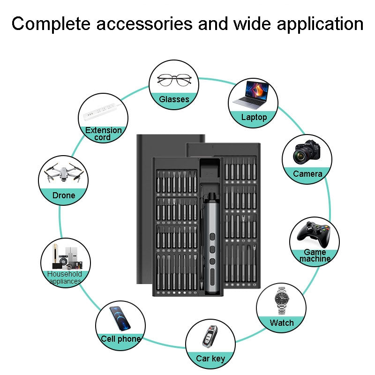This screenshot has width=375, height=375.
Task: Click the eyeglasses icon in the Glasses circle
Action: click(173, 80)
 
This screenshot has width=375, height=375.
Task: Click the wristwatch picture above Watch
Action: click(281, 301)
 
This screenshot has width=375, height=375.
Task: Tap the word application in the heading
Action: click(315, 23)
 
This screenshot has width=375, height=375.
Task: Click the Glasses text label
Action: click(174, 99)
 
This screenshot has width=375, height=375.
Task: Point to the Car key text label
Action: click(210, 359)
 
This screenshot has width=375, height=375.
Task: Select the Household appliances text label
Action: click(65, 277)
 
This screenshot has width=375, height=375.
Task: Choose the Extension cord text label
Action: click(103, 134)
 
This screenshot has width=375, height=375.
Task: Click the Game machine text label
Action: click(315, 255)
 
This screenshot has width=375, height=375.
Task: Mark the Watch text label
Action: click(282, 323)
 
